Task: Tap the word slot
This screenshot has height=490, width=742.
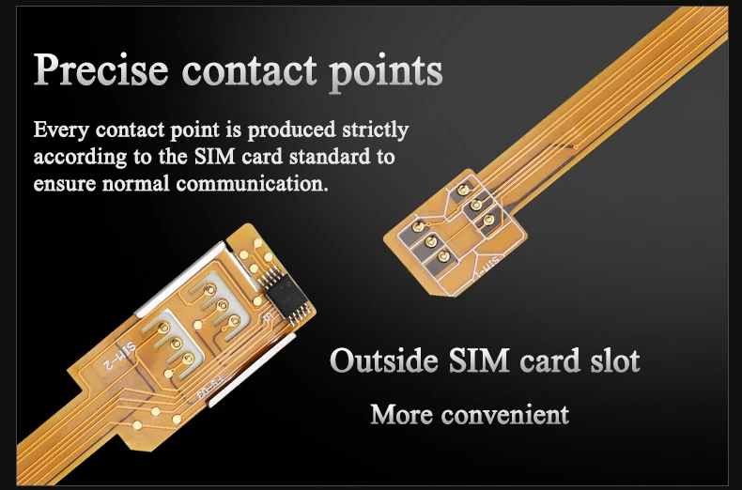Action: (x=613, y=360)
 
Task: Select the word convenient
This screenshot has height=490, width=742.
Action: (x=509, y=413)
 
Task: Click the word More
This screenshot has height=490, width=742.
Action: (x=403, y=413)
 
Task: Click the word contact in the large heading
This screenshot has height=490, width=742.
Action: (x=244, y=71)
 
